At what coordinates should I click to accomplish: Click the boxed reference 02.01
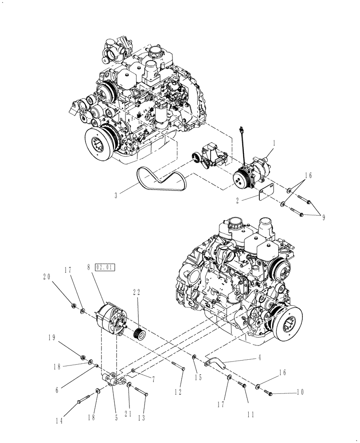(x=105, y=267)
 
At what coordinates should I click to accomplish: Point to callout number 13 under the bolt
(x=144, y=417)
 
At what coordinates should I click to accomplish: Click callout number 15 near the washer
(x=198, y=377)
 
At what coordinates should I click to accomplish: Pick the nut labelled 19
(x=82, y=358)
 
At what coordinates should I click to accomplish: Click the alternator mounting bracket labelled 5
(x=111, y=381)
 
